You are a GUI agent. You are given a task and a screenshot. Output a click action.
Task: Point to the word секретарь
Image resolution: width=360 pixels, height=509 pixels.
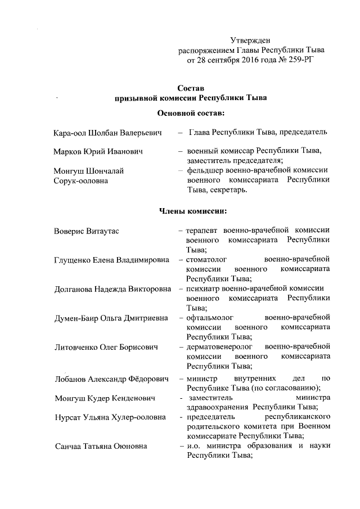pos(228,190)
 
